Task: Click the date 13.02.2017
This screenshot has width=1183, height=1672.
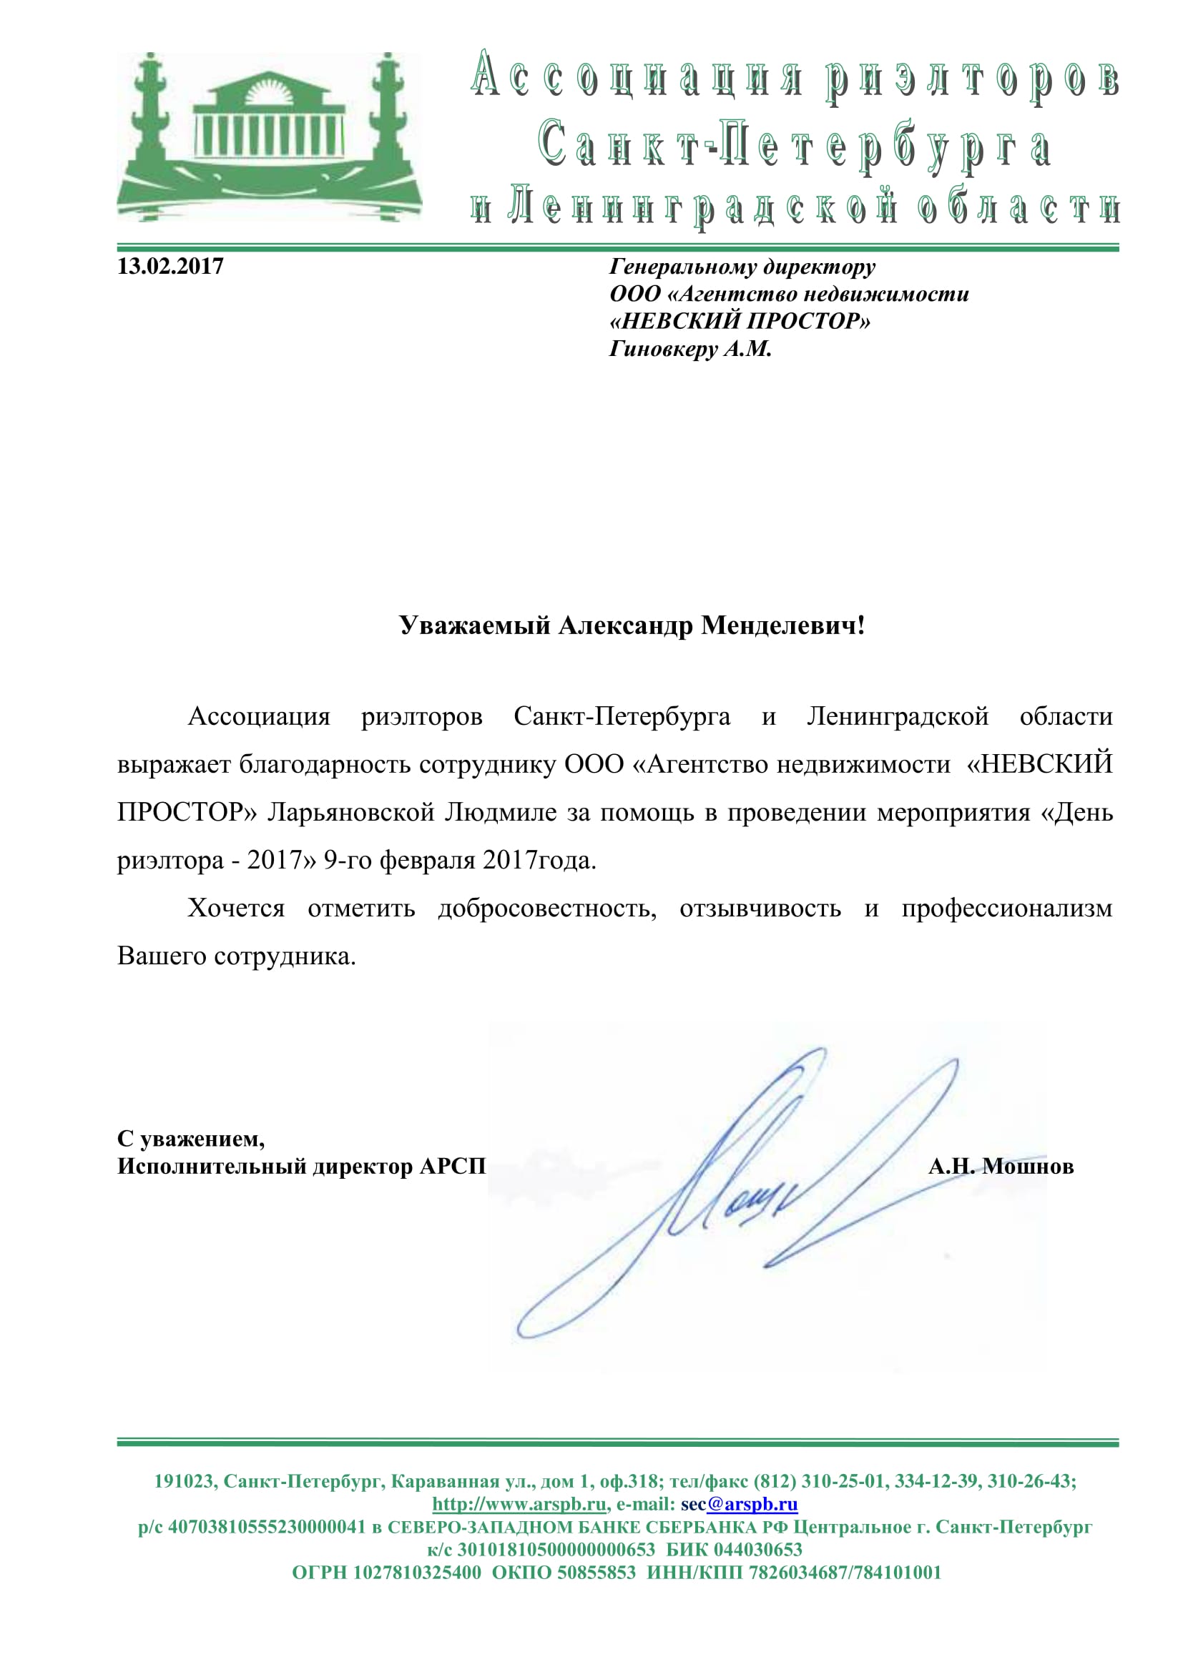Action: [170, 267]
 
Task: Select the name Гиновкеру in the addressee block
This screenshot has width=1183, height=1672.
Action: [663, 350]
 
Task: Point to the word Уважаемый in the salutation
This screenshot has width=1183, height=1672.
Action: [474, 625]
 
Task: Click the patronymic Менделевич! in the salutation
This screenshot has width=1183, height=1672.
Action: [783, 625]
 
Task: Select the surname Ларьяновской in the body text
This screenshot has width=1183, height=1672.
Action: [351, 812]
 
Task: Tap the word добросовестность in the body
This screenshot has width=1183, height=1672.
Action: [547, 908]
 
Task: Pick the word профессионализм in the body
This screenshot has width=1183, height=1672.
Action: [1007, 908]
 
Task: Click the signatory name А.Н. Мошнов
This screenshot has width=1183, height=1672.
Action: [1001, 1167]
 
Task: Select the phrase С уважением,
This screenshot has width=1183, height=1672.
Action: [191, 1138]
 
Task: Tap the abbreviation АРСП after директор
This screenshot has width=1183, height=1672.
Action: [452, 1167]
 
